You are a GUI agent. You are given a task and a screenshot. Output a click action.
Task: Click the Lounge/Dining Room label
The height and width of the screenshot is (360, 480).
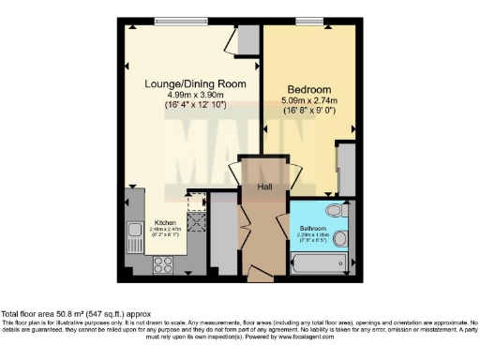(x=195, y=84)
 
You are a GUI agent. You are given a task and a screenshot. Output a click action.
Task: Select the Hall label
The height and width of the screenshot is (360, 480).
(x=264, y=187)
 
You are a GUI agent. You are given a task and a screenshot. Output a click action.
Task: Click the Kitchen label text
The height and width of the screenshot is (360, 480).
(x=165, y=223)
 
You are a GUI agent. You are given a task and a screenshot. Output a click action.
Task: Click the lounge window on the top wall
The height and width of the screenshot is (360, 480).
(x=181, y=22)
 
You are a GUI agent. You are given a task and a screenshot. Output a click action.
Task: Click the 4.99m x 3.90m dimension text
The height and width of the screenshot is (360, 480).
(x=195, y=97)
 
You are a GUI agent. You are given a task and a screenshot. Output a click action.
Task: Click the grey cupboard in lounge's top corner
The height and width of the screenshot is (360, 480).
(x=248, y=40)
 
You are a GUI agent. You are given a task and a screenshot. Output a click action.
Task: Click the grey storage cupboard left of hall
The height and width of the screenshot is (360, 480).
(x=224, y=234)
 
